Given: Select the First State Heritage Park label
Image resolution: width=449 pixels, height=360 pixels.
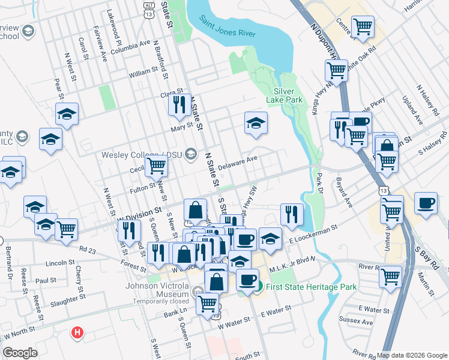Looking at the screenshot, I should click(311, 287).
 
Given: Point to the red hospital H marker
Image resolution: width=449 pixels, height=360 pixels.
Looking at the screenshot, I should click(77, 332).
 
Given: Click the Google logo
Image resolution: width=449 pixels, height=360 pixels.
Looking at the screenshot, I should click(20, 353).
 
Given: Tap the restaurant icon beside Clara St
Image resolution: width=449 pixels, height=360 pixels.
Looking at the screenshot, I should click(179, 105).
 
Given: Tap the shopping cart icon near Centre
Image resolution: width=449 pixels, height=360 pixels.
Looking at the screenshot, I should click(363, 27).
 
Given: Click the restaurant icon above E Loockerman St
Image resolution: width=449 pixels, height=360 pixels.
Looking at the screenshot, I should click(292, 214).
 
